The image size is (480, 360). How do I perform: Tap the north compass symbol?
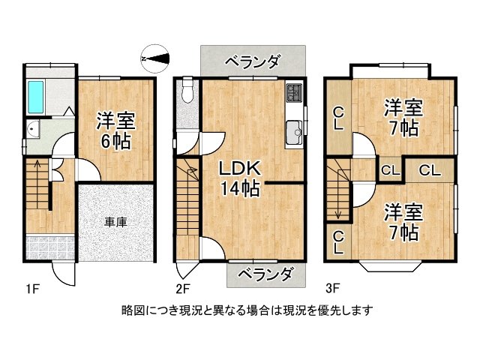156,55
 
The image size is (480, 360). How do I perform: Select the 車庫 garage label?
115,221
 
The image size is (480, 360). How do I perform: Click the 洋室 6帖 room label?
114,130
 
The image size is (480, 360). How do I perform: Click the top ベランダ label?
253,60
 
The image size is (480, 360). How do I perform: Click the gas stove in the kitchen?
292,95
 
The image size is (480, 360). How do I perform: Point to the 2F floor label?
183,287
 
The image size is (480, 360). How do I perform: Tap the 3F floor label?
334,287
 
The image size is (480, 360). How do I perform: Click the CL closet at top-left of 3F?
339,118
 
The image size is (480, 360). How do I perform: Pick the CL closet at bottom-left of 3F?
338,241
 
